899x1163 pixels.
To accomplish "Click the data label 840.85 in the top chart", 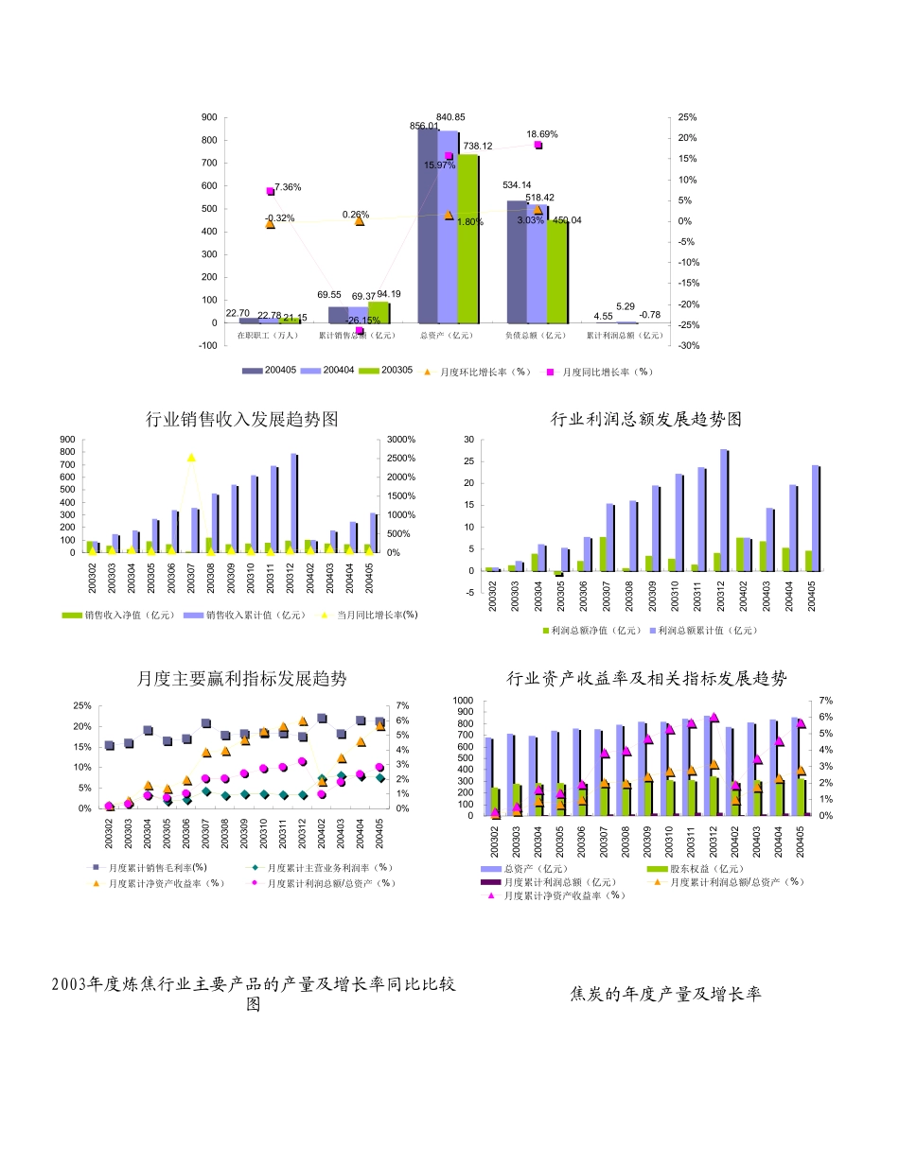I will coord(450,117).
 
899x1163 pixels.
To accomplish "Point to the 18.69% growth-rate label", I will coord(542,134).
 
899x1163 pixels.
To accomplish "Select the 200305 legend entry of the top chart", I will coord(397,372).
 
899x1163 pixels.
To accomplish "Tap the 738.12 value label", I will coord(478,147).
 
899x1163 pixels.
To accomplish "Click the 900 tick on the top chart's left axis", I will coord(209,117).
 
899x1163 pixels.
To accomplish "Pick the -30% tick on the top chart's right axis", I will coord(689,345).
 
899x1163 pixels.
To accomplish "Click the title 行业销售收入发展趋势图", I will coord(242,419).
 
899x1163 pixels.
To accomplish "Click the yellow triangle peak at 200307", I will coord(191,458).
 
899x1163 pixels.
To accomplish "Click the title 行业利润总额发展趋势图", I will coord(647,419).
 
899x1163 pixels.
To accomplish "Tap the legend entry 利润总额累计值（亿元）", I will coord(708,630).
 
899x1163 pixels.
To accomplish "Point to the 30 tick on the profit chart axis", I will coord(467,440).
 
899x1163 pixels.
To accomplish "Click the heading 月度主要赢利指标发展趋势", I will coord(242,679).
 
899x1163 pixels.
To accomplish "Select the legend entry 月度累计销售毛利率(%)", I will coord(157,867).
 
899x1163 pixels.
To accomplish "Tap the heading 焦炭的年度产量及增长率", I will coord(666,994).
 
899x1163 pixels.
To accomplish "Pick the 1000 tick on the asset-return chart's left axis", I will coord(463,702).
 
